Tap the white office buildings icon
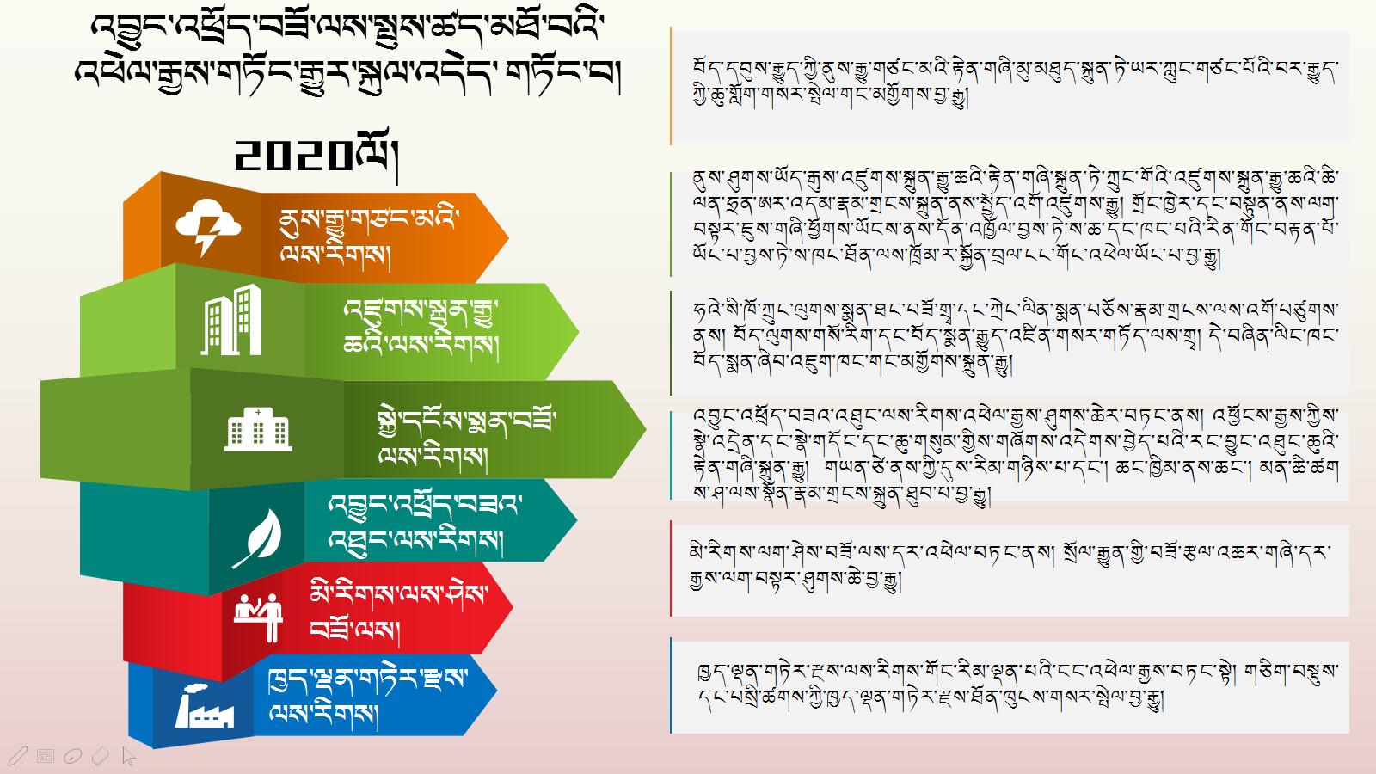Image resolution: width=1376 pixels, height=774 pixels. [x=231, y=319]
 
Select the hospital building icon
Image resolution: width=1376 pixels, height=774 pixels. [x=258, y=429]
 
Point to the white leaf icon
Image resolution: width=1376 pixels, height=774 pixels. [x=257, y=538]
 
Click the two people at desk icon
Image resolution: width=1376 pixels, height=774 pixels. [x=259, y=617]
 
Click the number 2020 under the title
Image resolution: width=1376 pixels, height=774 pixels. [x=293, y=156]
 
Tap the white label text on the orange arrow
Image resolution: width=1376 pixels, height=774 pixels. [x=369, y=236]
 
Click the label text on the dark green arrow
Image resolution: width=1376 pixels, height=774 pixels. [x=467, y=439]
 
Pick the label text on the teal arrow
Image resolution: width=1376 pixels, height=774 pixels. [x=425, y=524]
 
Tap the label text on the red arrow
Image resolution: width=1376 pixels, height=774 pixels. [x=399, y=613]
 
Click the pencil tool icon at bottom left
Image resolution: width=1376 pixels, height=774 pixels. [x=17, y=756]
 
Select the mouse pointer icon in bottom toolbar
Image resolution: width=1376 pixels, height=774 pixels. [x=128, y=756]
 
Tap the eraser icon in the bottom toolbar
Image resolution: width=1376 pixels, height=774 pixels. [x=100, y=756]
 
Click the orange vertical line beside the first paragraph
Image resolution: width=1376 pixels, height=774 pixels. [x=670, y=86]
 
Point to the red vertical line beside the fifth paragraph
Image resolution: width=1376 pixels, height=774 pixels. [x=670, y=568]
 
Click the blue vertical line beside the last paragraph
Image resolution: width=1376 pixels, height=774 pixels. [x=670, y=685]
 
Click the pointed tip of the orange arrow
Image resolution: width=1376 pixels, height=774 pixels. [x=508, y=237]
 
